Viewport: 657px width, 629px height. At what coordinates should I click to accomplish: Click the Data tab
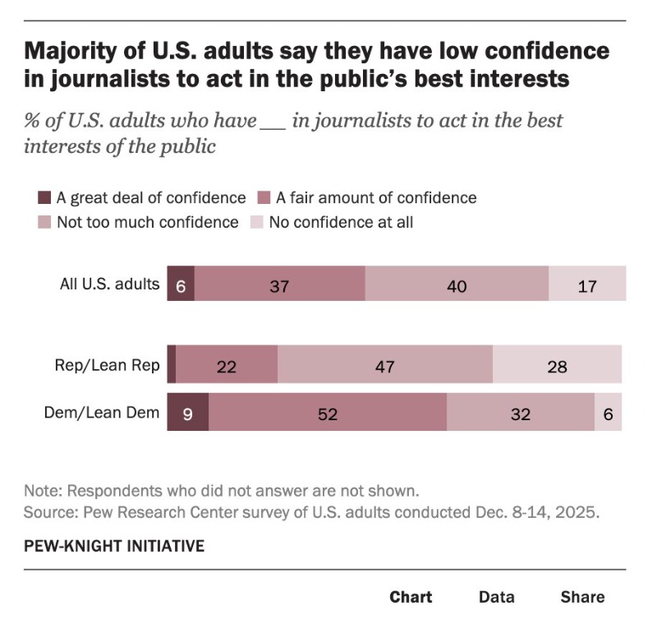click(497, 597)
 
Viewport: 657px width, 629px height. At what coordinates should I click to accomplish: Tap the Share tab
click(582, 597)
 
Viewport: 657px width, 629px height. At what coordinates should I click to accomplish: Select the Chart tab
click(411, 597)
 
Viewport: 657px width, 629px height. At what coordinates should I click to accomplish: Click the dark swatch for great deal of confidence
click(44, 197)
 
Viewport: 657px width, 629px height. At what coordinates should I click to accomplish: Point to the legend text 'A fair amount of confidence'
click(375, 197)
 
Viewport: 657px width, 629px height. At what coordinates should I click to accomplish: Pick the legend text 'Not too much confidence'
click(147, 222)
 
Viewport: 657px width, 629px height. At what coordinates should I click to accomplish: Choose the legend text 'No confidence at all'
click(341, 222)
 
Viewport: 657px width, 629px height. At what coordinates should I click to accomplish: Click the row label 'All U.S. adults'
click(109, 284)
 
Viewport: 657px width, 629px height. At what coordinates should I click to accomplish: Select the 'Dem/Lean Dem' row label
click(101, 413)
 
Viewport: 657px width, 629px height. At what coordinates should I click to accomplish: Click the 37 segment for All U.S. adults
click(280, 284)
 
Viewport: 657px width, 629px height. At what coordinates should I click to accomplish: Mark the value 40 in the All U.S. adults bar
click(457, 284)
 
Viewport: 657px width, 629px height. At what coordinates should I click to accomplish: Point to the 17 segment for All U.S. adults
click(587, 284)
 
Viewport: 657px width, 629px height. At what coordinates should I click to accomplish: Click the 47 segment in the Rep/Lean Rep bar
click(385, 366)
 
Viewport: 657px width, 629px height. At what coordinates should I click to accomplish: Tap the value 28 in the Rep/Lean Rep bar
click(557, 366)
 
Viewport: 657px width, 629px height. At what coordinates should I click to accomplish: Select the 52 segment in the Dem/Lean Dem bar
click(327, 413)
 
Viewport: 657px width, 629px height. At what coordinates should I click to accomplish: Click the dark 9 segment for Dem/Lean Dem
click(187, 413)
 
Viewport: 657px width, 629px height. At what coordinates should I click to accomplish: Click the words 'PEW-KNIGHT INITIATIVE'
click(114, 545)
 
